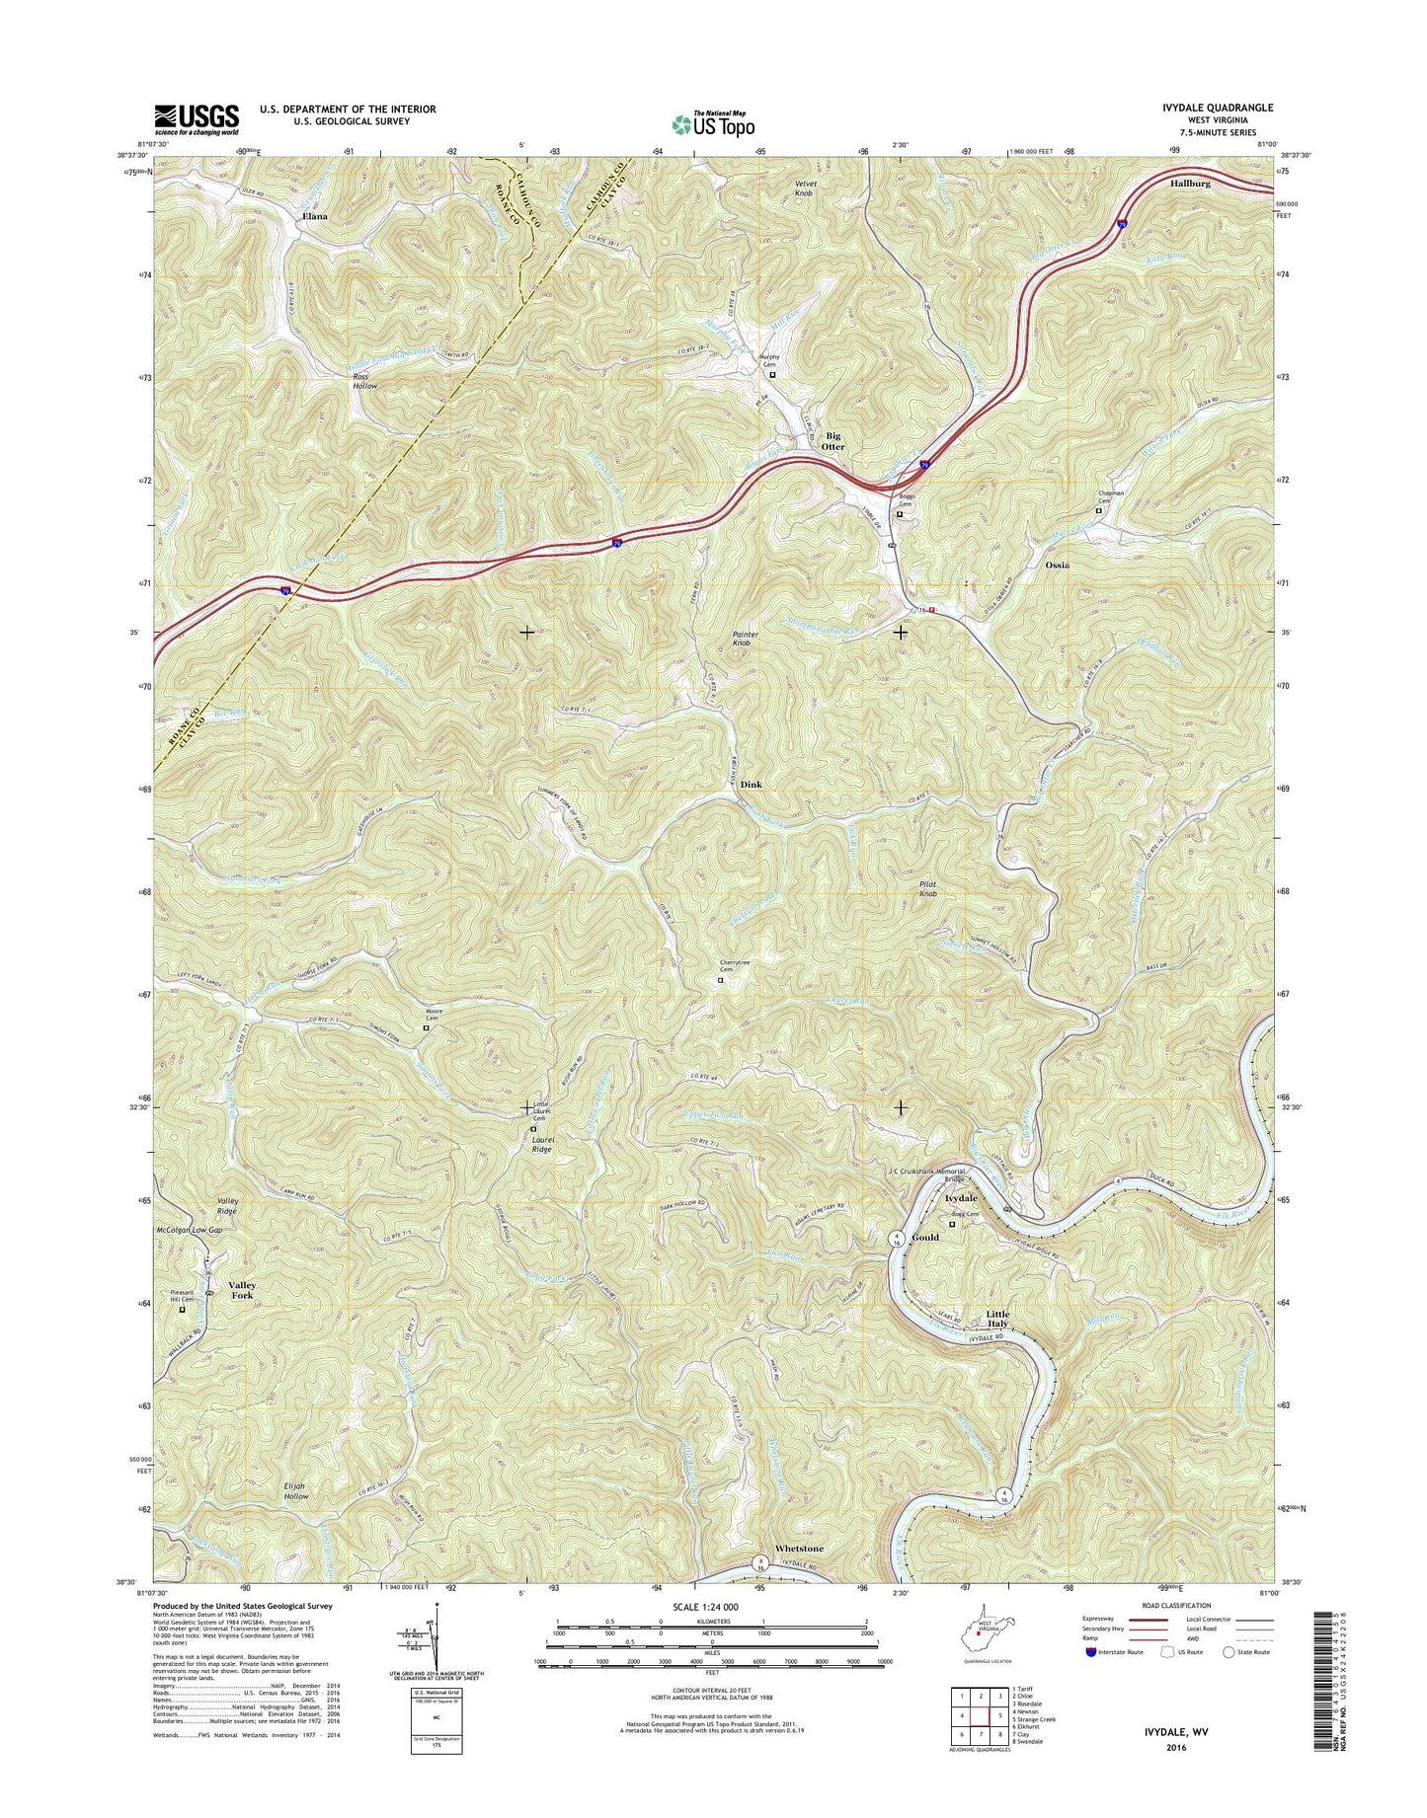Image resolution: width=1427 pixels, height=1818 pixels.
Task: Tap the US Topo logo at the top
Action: [x=713, y=124]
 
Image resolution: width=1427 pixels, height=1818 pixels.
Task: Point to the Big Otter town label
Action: [x=833, y=440]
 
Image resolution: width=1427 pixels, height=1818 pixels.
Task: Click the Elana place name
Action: [x=315, y=215]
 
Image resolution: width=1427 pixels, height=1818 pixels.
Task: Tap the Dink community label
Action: [x=752, y=785]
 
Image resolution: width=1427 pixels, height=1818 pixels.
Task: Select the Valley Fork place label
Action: [x=242, y=1290]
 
